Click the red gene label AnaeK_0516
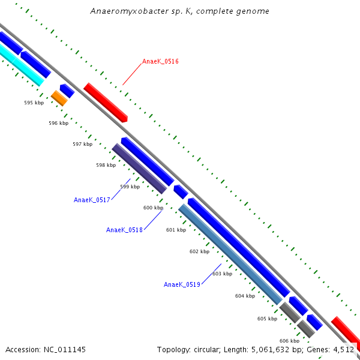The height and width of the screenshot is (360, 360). pyautogui.click(x=160, y=61)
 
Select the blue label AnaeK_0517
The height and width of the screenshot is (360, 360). pyautogui.click(x=92, y=200)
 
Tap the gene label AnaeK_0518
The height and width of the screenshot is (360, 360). pyautogui.click(x=124, y=230)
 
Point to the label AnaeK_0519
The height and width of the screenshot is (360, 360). pyautogui.click(x=182, y=284)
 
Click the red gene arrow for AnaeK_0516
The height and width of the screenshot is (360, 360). pyautogui.click(x=106, y=103)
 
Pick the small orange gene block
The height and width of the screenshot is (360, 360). pyautogui.click(x=59, y=98)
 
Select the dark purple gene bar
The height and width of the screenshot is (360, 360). pyautogui.click(x=139, y=169)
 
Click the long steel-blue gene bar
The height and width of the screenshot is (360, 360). pyautogui.click(x=230, y=254)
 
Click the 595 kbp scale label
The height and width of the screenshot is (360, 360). pyautogui.click(x=34, y=103)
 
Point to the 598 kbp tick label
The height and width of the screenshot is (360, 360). pyautogui.click(x=106, y=165)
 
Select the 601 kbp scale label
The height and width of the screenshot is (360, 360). pyautogui.click(x=176, y=230)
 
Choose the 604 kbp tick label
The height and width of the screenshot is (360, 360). pyautogui.click(x=245, y=296)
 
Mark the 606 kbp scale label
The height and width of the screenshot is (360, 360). pyautogui.click(x=289, y=341)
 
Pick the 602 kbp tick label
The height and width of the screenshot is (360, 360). pyautogui.click(x=199, y=251)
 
